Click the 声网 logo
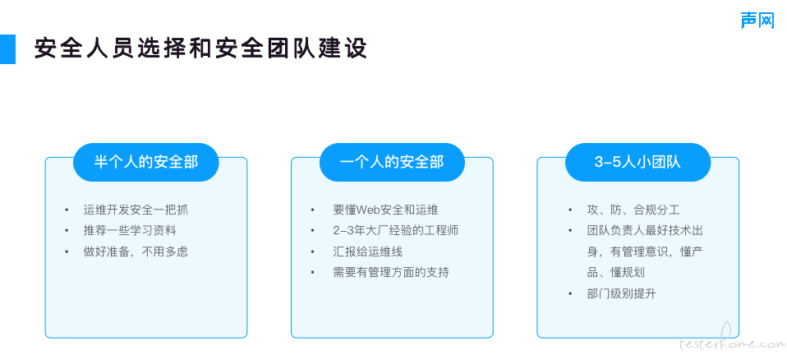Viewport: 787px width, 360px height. (757, 21)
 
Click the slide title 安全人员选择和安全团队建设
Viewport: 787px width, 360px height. (200, 48)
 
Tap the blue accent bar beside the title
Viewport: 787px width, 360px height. (7, 49)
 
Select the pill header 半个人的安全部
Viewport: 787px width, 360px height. (146, 162)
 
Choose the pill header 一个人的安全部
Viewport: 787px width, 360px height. (392, 162)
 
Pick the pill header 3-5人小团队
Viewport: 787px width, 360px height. (638, 162)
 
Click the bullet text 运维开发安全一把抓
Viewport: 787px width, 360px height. (136, 210)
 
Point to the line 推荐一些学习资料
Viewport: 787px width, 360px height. (130, 230)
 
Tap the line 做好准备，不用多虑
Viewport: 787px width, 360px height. (136, 252)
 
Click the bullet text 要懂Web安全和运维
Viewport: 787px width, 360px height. (385, 210)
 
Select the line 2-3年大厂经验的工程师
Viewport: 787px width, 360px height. (395, 230)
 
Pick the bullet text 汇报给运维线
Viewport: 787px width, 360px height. (367, 252)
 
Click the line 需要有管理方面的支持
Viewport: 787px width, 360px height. (390, 273)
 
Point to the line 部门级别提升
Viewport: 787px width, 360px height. (621, 293)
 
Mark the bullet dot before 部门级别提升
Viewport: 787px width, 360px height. (570, 293)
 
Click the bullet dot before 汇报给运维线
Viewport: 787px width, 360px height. (313, 252)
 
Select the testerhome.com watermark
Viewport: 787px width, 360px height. (732, 344)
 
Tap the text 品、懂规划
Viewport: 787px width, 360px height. (616, 273)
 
